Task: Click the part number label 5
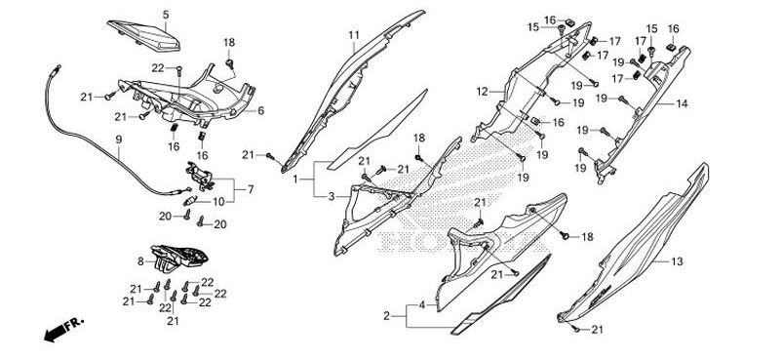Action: [x=165, y=14]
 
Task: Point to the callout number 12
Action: [x=482, y=92]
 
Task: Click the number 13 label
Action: [x=678, y=261]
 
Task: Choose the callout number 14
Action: [x=682, y=103]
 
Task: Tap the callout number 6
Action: [x=139, y=261]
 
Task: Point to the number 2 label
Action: [x=387, y=316]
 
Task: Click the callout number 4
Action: [x=421, y=305]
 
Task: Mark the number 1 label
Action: [x=295, y=180]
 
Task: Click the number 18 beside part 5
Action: [x=229, y=43]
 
